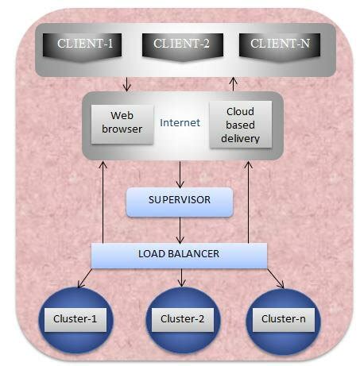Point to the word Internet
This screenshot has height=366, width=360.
click(180, 123)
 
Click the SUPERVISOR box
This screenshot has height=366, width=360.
click(180, 201)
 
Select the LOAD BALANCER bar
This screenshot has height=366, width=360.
click(180, 255)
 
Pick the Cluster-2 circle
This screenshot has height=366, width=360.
click(183, 320)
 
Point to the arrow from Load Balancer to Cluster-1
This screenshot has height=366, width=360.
click(86, 277)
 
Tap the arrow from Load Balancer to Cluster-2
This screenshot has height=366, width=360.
click(182, 278)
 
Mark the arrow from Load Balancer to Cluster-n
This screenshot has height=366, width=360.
click(276, 278)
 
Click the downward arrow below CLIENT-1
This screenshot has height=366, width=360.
click(126, 83)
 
